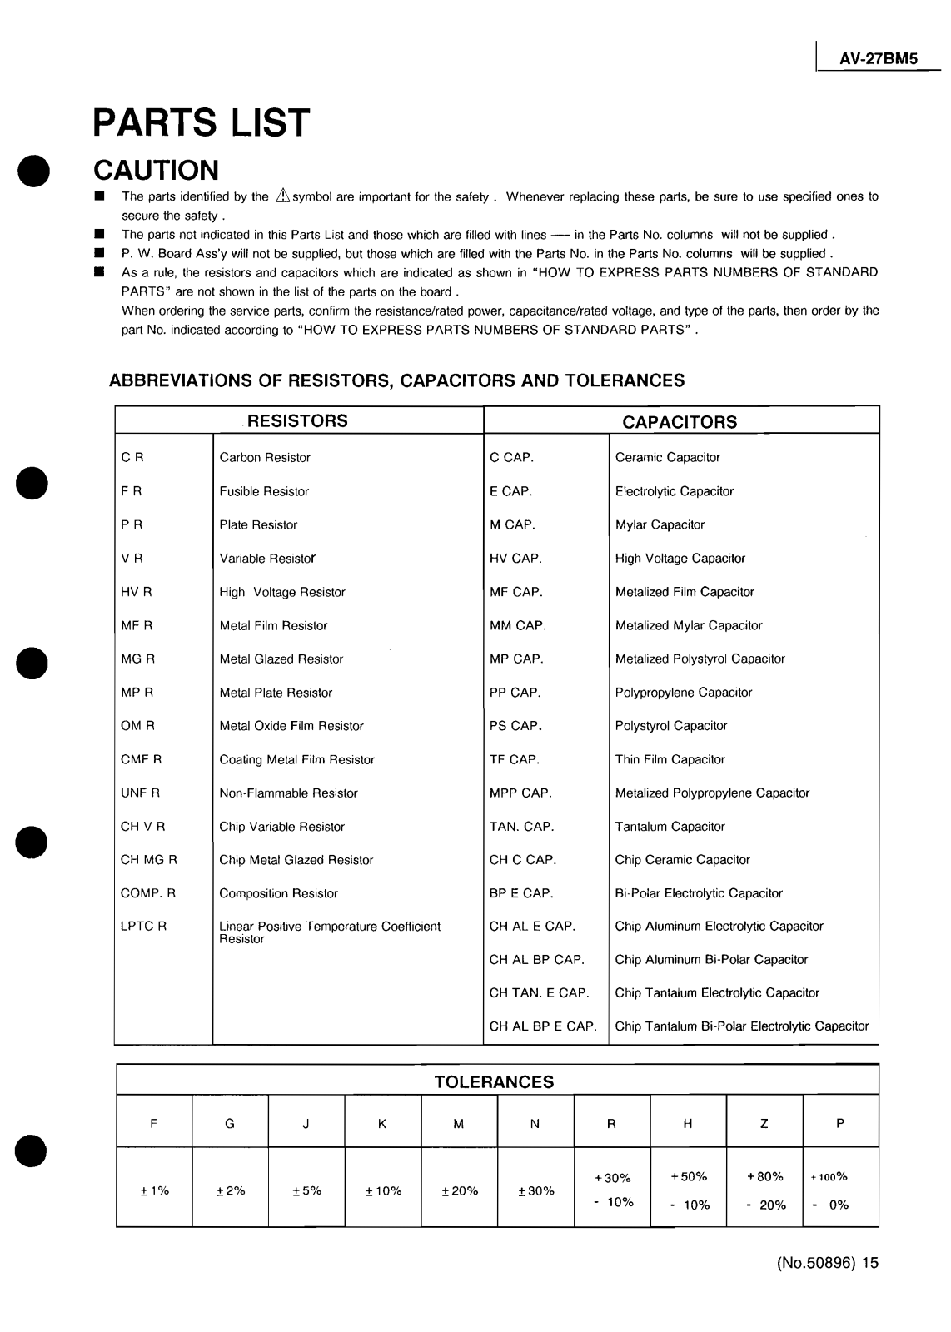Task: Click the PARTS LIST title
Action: click(x=202, y=123)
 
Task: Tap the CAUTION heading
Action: click(x=156, y=170)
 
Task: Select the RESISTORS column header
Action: click(x=297, y=421)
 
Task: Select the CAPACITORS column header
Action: click(x=680, y=422)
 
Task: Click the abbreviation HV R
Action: click(x=137, y=592)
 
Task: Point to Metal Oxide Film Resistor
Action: click(x=291, y=726)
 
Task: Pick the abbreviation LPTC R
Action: click(x=143, y=927)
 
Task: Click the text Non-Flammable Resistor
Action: click(x=288, y=793)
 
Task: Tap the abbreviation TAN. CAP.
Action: click(x=521, y=827)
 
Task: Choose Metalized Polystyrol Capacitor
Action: click(x=700, y=659)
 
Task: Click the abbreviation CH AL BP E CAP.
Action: click(x=543, y=1026)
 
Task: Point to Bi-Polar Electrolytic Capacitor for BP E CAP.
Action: click(x=699, y=893)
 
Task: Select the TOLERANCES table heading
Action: click(x=494, y=1082)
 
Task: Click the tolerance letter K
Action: click(x=382, y=1124)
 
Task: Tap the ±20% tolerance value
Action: click(x=460, y=1191)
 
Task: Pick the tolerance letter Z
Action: click(x=764, y=1124)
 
